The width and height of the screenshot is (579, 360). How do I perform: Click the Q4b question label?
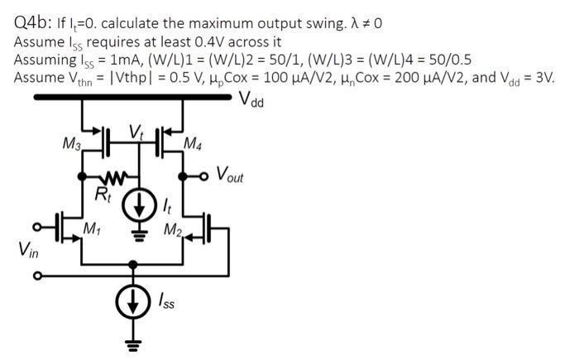tap(36, 22)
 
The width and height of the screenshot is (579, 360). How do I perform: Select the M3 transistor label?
tap(73, 146)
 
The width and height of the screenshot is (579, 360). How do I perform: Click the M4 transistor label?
tap(192, 146)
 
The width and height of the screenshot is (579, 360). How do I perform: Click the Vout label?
tap(232, 174)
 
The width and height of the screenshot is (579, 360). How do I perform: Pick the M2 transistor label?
tap(171, 228)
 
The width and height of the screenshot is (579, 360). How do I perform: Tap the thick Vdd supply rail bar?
tap(132, 98)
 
